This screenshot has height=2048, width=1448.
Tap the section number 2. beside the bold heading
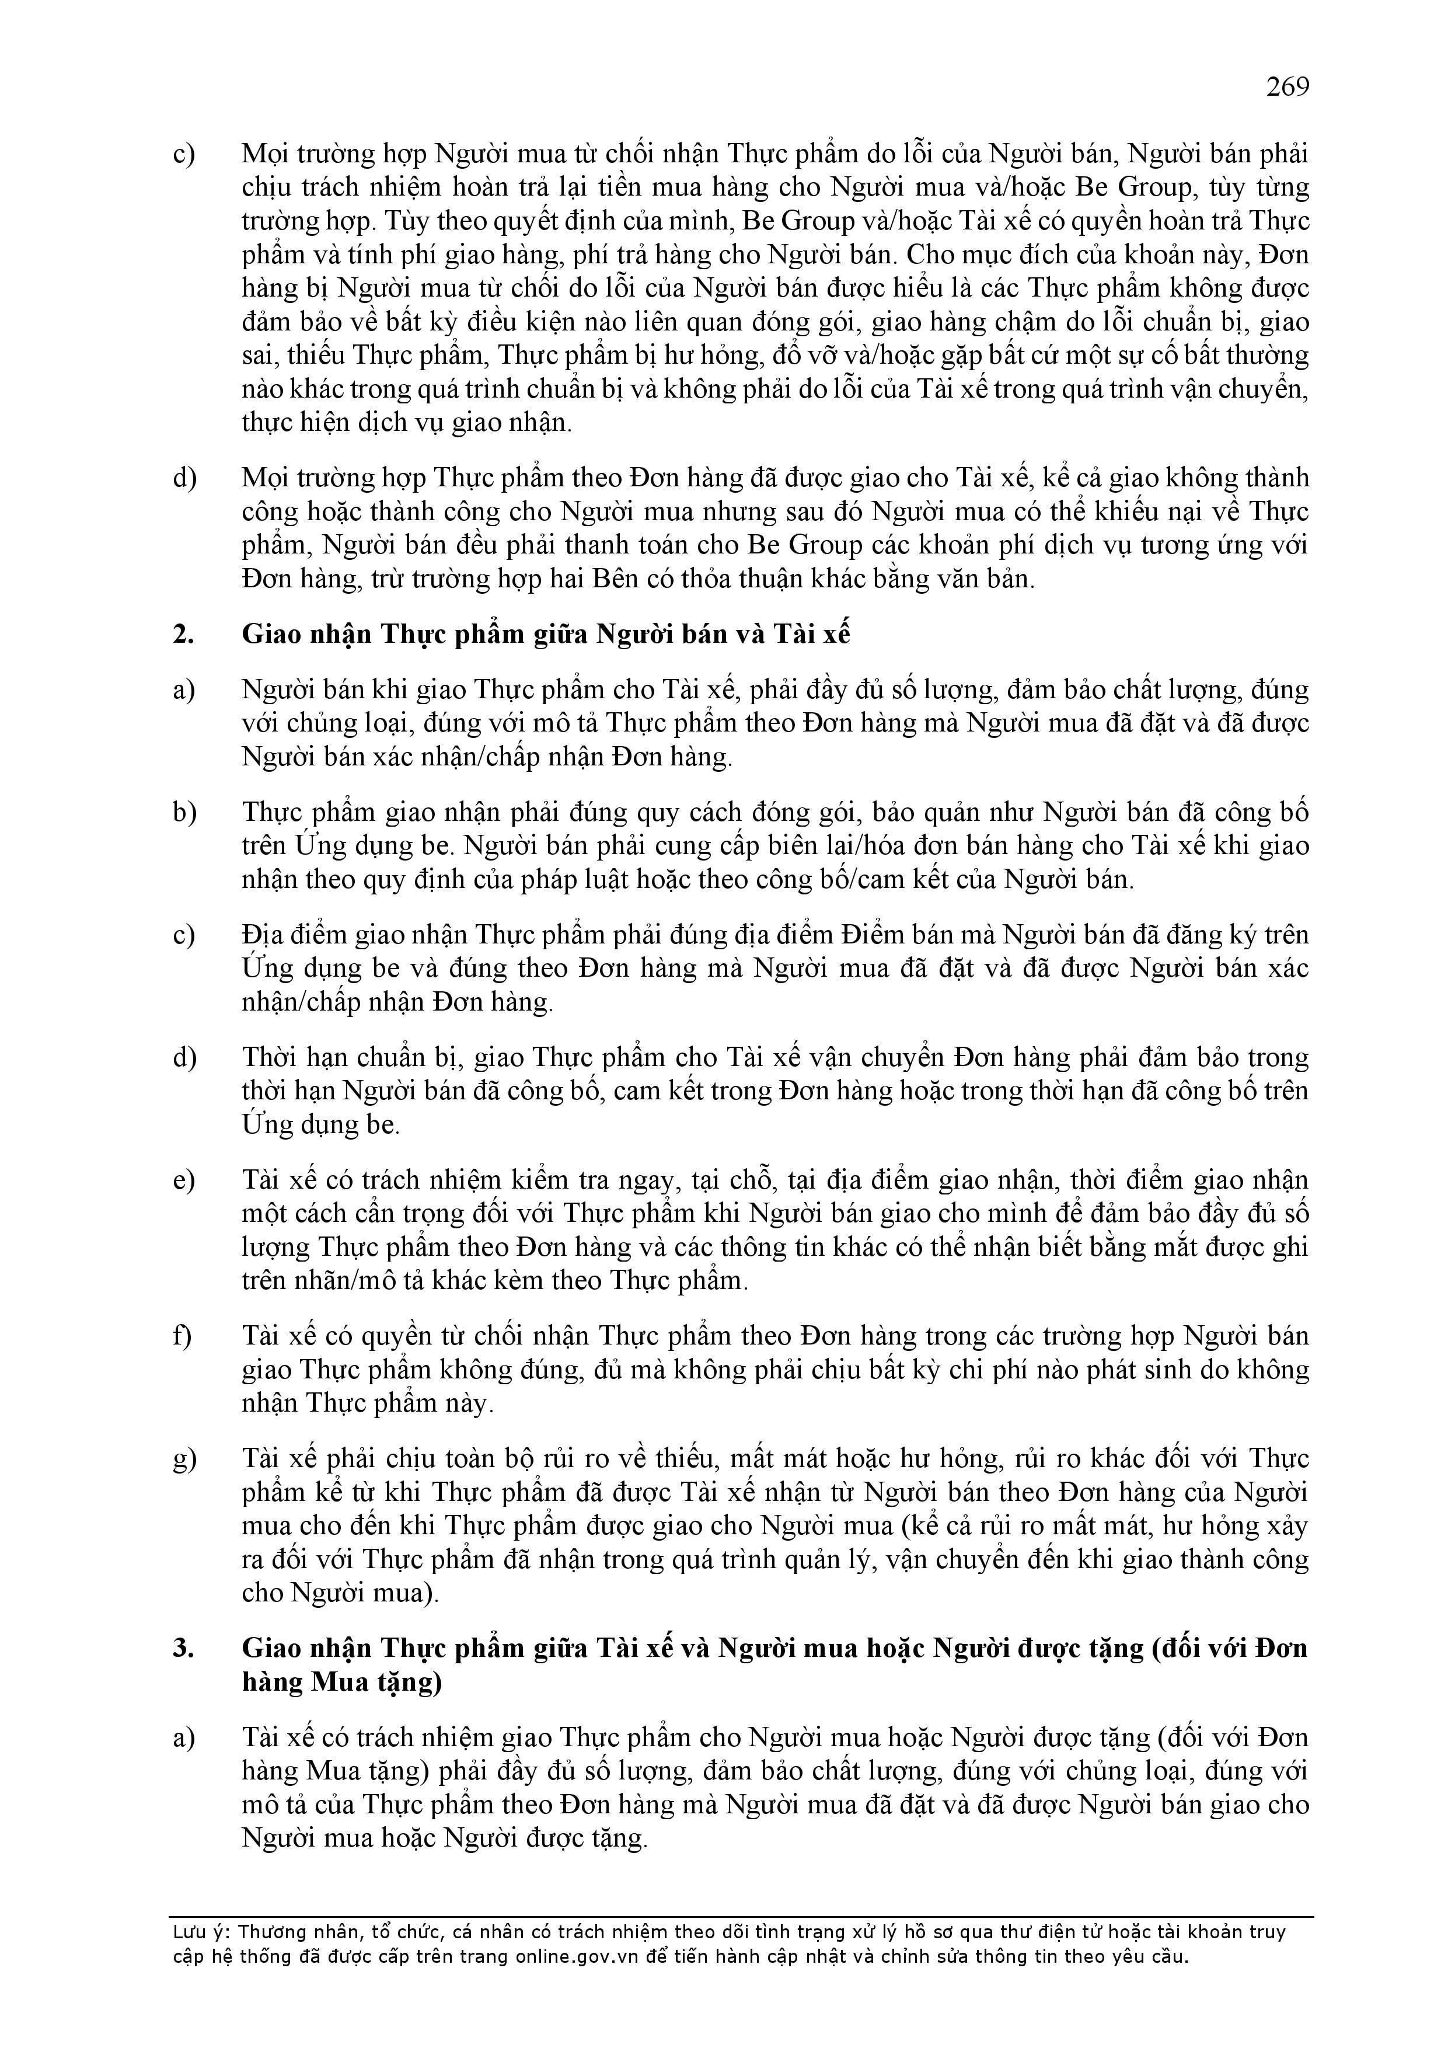[184, 634]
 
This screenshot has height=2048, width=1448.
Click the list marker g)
[184, 1460]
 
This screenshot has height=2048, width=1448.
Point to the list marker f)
[183, 1336]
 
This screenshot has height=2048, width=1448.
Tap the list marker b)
[184, 813]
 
